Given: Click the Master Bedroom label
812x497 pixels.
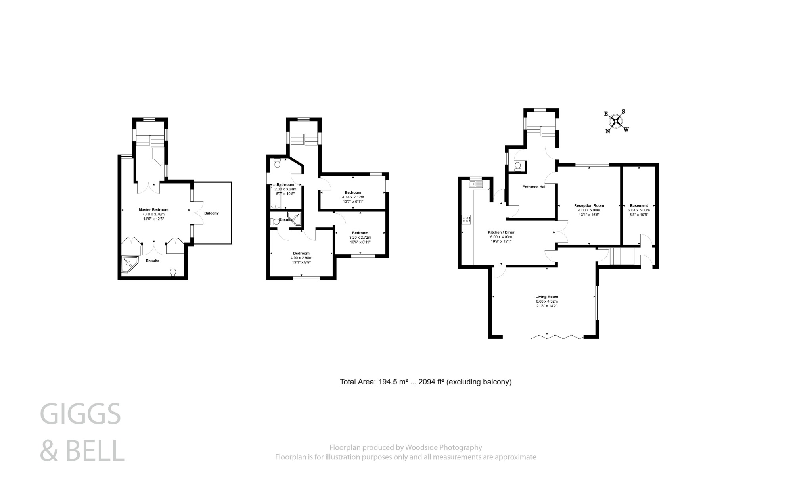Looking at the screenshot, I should (153, 210).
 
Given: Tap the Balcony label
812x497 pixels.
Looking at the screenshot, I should (211, 213).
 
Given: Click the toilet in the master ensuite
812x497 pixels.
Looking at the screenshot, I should (173, 272).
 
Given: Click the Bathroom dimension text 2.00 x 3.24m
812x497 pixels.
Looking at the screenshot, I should (285, 190).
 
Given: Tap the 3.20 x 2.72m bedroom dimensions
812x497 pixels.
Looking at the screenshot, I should (360, 238).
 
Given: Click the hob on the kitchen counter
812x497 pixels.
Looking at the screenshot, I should (466, 219).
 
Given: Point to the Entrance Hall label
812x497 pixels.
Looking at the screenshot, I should (534, 187).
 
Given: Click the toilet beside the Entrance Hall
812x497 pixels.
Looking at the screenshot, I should (517, 166).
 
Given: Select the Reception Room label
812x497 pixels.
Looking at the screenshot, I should (589, 206).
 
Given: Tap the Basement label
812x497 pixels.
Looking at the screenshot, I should (639, 206).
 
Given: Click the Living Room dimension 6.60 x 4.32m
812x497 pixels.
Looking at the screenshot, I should (547, 301).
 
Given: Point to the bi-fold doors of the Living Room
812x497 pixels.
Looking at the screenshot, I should (557, 337).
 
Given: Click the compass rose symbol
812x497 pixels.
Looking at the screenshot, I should (616, 121).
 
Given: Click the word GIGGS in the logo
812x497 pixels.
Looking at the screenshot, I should (80, 414).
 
